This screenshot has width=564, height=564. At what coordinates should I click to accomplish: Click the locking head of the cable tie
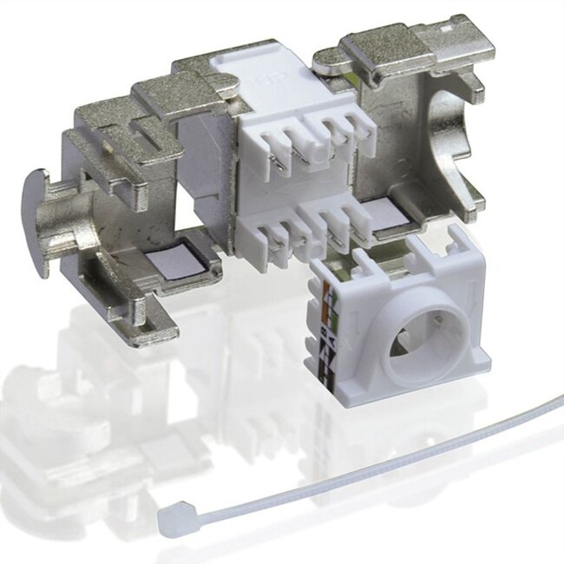tap(173, 521)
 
